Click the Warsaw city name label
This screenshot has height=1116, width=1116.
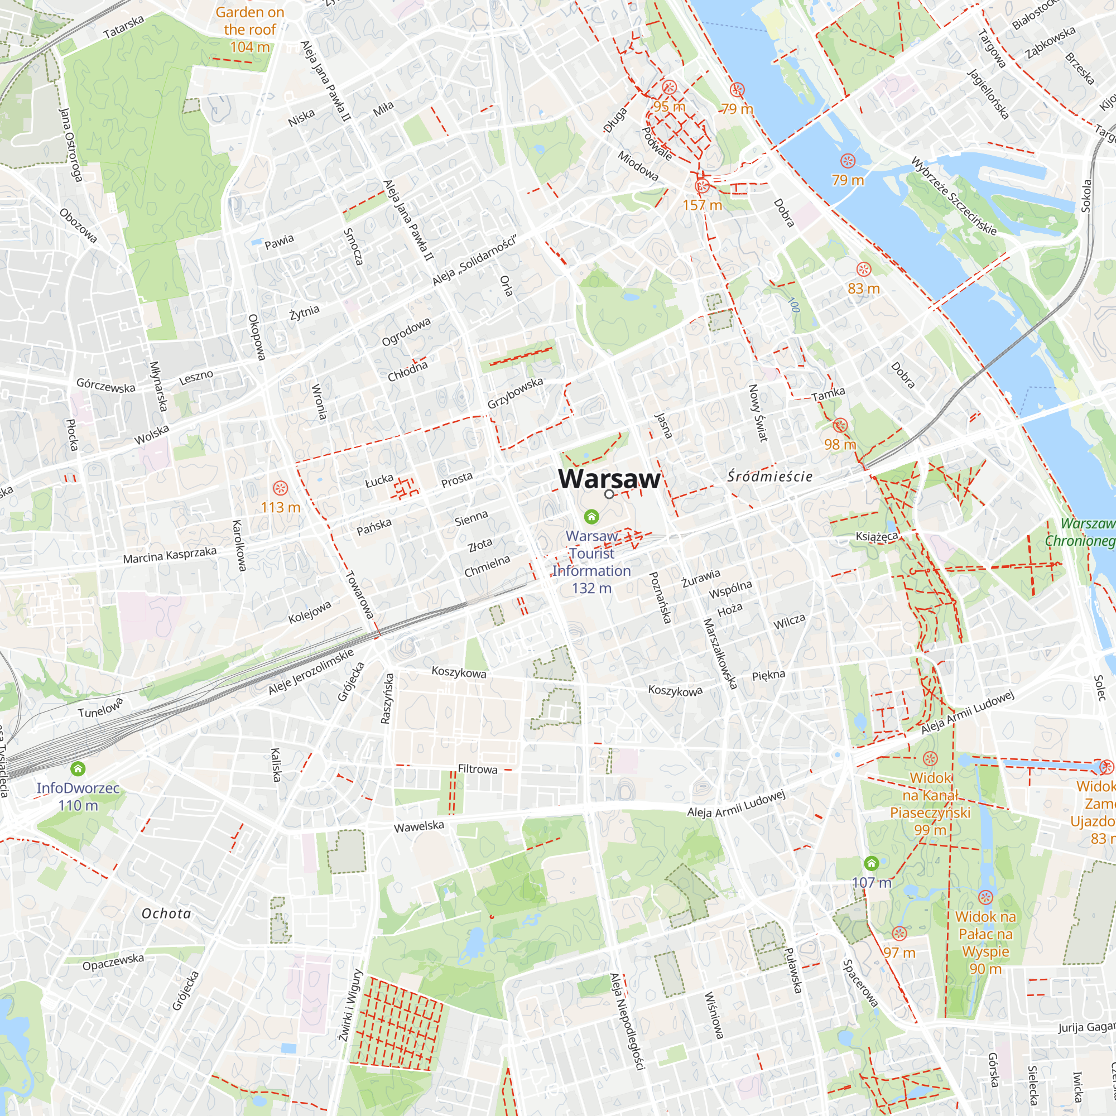pyautogui.click(x=609, y=479)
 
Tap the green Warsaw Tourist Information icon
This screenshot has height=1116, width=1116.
pyautogui.click(x=591, y=516)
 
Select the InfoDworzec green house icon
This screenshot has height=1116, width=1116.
pyautogui.click(x=78, y=769)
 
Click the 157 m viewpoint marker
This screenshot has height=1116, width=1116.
pyautogui.click(x=702, y=186)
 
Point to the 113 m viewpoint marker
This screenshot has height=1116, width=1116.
pyautogui.click(x=280, y=489)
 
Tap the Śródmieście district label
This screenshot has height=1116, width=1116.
pyautogui.click(x=769, y=477)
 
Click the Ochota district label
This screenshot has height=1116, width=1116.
pyautogui.click(x=166, y=913)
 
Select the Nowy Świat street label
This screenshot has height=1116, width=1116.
pyautogui.click(x=758, y=412)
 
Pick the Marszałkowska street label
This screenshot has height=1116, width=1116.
pyautogui.click(x=720, y=653)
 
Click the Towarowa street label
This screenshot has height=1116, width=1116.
pyautogui.click(x=359, y=594)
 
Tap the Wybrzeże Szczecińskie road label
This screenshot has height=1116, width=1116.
pyautogui.click(x=954, y=196)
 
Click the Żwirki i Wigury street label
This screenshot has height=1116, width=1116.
pyautogui.click(x=350, y=1005)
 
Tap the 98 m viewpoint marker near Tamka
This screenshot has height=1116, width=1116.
pyautogui.click(x=840, y=426)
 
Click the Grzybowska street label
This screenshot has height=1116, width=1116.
pyautogui.click(x=514, y=393)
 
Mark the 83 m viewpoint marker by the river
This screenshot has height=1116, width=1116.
pyautogui.click(x=864, y=269)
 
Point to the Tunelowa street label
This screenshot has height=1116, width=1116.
pyautogui.click(x=100, y=708)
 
